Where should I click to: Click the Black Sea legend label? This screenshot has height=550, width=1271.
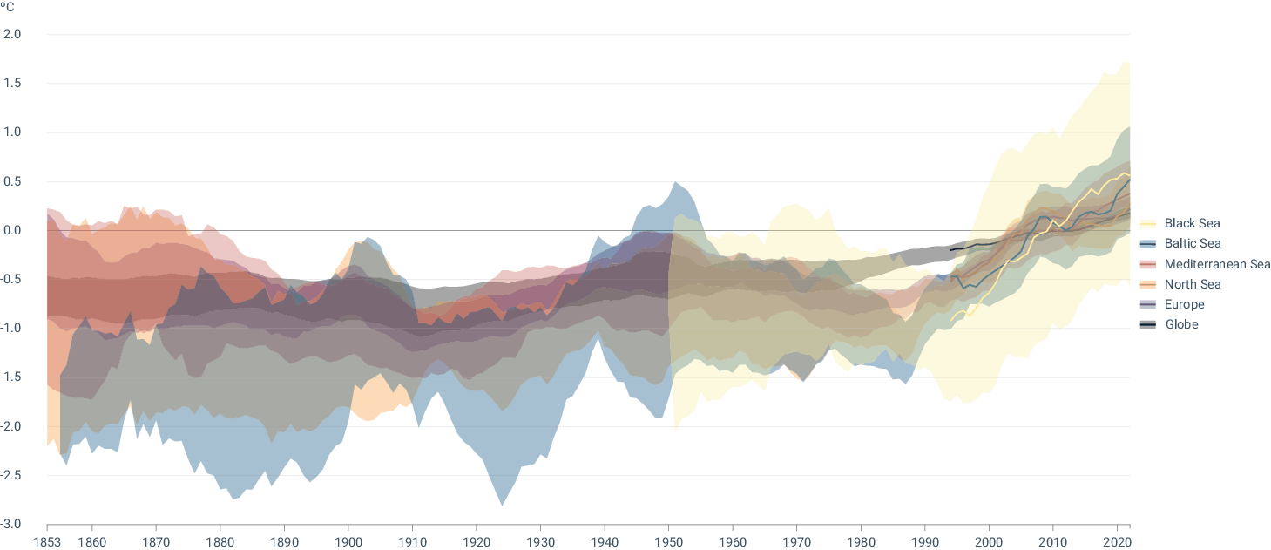(x=1192, y=224)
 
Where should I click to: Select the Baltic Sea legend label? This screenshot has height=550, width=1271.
(x=1193, y=244)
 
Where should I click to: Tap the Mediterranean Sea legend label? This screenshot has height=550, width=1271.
(x=1217, y=264)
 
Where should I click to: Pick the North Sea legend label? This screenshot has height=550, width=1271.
(x=1193, y=284)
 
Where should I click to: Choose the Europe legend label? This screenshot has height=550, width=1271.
(x=1184, y=304)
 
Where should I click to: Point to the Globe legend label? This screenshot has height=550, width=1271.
(x=1181, y=324)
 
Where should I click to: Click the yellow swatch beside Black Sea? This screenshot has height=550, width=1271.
(x=1147, y=224)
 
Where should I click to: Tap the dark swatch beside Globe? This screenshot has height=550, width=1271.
(x=1147, y=324)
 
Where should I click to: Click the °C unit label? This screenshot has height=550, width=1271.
(x=8, y=7)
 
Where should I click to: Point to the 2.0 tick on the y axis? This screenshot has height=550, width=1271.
(x=12, y=34)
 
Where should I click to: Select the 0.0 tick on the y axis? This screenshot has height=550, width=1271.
(x=12, y=230)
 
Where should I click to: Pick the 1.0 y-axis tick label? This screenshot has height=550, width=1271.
(x=12, y=132)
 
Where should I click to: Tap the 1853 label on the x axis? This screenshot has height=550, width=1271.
(x=47, y=540)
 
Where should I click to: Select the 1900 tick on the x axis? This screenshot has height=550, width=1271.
(x=348, y=540)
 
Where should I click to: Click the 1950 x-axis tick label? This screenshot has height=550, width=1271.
(x=669, y=540)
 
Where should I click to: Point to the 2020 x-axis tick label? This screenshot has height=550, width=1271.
(x=1118, y=540)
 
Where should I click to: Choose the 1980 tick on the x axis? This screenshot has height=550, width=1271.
(x=861, y=540)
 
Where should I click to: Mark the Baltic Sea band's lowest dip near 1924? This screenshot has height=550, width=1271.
(x=502, y=504)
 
